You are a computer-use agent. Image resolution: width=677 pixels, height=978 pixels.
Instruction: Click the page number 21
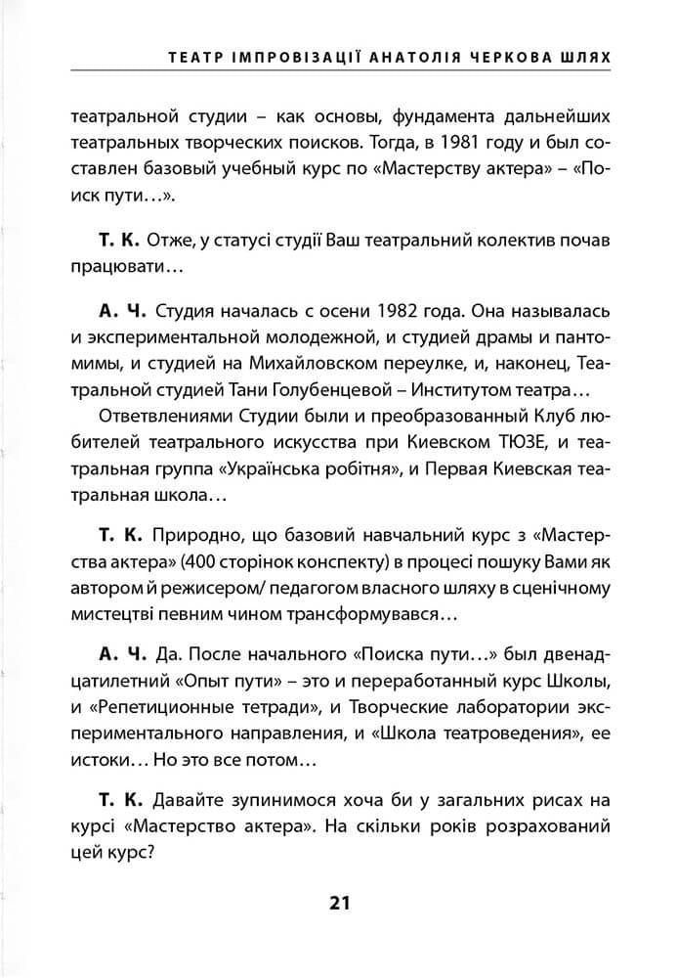[339, 902]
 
